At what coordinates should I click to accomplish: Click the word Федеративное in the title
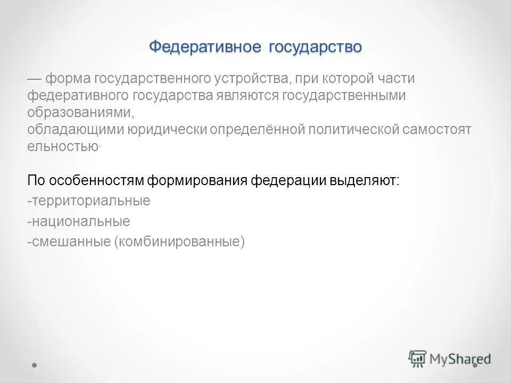point(204,47)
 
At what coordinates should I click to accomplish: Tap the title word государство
point(315,47)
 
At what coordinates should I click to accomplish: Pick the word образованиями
point(78,113)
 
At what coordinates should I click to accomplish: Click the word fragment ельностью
point(63,147)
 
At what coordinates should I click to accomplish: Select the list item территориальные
point(89,201)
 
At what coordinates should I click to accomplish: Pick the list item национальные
point(79,221)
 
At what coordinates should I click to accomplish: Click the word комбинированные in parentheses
point(178,242)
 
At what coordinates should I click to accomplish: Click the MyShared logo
point(450,358)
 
